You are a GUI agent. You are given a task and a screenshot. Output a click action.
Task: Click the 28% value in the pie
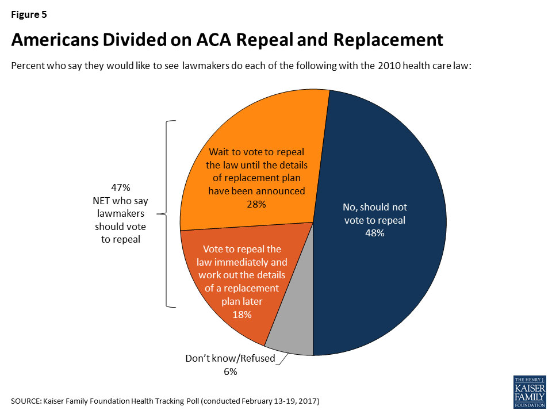click(256, 204)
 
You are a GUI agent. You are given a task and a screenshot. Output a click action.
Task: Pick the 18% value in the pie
click(242, 315)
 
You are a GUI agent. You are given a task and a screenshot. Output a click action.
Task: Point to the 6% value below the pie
click(230, 371)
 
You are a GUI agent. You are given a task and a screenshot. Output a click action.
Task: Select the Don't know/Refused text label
click(230, 359)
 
